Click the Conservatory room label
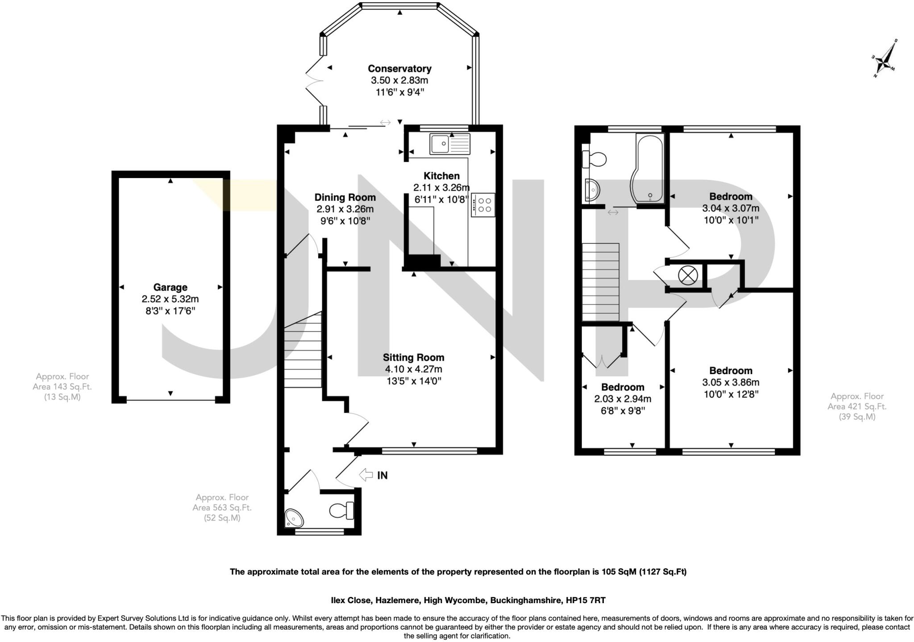(x=399, y=69)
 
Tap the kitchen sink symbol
(x=450, y=143)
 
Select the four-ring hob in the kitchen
(x=483, y=205)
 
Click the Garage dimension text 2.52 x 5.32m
(x=170, y=299)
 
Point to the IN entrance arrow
(x=367, y=475)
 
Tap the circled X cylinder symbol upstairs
(x=687, y=275)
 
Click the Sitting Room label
(x=413, y=357)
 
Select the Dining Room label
(x=345, y=197)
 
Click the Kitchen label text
(x=441, y=175)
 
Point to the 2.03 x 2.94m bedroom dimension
(x=623, y=399)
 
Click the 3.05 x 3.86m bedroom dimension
(x=731, y=382)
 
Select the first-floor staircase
(x=600, y=282)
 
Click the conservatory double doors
(x=314, y=80)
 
